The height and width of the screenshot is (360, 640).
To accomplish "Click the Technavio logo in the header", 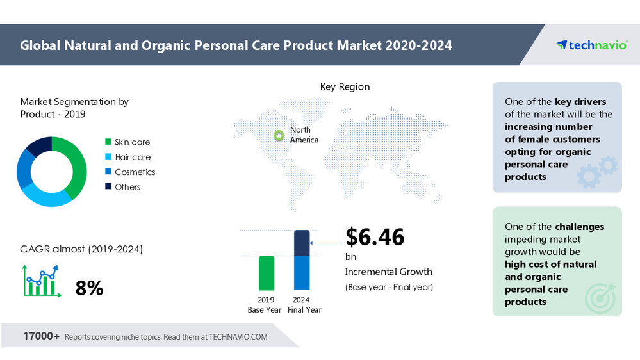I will coord(591,45).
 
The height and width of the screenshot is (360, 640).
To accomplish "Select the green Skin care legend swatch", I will coord(108,142).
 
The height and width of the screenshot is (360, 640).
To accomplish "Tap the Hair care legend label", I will coord(133,157).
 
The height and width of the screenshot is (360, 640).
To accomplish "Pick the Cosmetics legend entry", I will coord(135,172).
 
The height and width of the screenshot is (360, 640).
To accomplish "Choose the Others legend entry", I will coord(127,187).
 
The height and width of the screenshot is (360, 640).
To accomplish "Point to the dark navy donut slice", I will coord(39,145).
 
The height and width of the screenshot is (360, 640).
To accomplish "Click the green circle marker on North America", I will coord(279,135).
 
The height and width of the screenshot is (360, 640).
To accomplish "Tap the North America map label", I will coord(303,135).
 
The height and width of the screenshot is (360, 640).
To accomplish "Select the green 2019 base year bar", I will coord(267,273).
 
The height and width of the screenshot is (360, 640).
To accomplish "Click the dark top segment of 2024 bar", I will coord(302,243).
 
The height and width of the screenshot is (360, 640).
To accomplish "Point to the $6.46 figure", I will coord(375,237).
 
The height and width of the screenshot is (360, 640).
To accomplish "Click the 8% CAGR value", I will coord(89,288).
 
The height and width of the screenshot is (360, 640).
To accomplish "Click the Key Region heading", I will coord(345,86).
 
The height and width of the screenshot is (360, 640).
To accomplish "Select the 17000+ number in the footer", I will coord(42,336).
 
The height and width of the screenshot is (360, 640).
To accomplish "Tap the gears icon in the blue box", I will coord(597,170).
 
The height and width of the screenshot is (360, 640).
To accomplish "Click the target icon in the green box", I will coord(600,295).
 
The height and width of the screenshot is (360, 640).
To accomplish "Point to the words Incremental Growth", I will coord(388,272).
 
